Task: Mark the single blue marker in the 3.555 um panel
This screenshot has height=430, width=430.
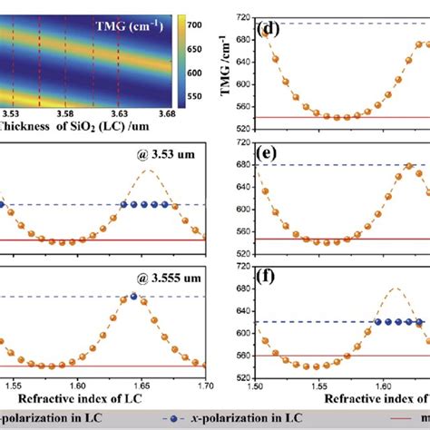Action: (134, 296)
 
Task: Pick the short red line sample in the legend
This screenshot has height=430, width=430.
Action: (418, 419)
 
